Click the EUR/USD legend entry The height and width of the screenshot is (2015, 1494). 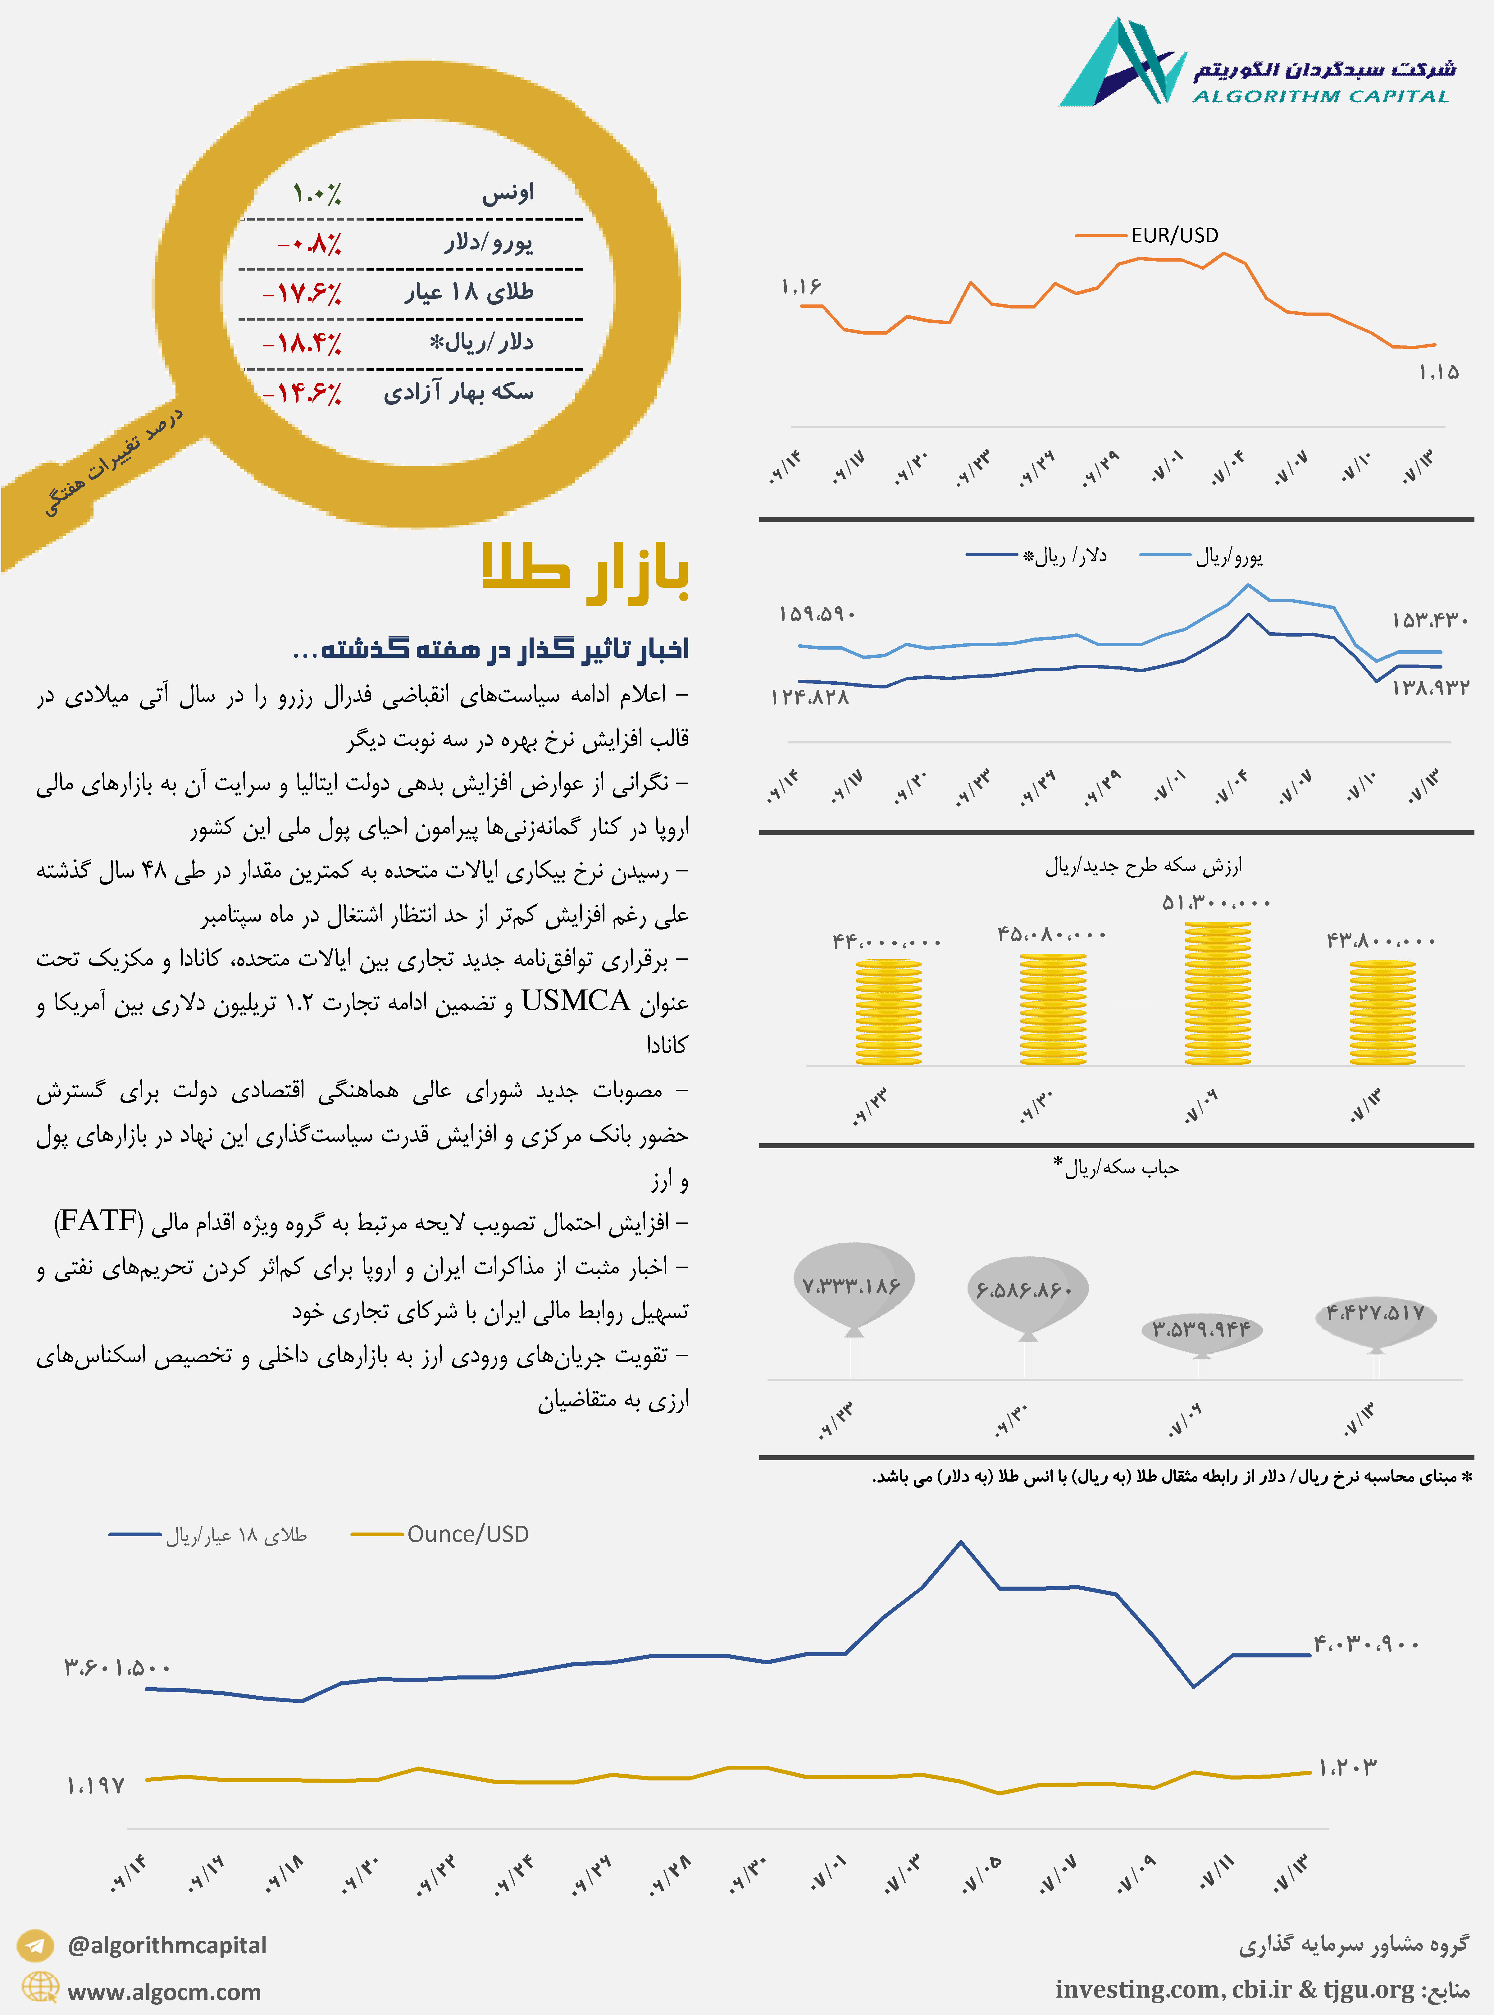1174,235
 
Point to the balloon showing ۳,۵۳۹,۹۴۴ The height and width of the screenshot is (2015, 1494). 1201,1329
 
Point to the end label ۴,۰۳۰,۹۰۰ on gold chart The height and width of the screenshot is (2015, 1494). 1366,1643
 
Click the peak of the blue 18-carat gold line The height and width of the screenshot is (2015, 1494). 960,1542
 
